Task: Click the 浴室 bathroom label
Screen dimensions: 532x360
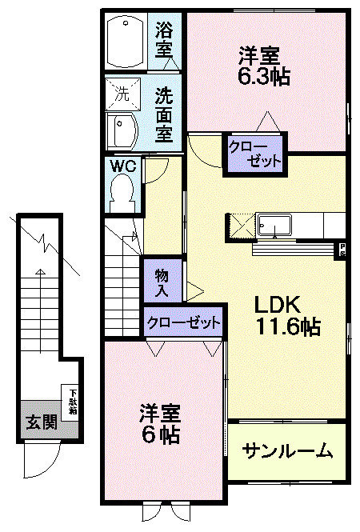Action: [164, 40]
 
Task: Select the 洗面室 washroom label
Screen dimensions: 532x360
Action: [164, 114]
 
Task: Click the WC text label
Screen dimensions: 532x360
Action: [122, 167]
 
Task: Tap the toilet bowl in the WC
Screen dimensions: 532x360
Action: [122, 192]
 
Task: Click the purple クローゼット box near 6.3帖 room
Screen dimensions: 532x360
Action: [254, 154]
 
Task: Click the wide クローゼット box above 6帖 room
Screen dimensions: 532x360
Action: [183, 323]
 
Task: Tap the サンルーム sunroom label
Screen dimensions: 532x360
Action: [287, 451]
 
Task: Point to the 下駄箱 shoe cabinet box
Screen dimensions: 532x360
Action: [72, 400]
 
